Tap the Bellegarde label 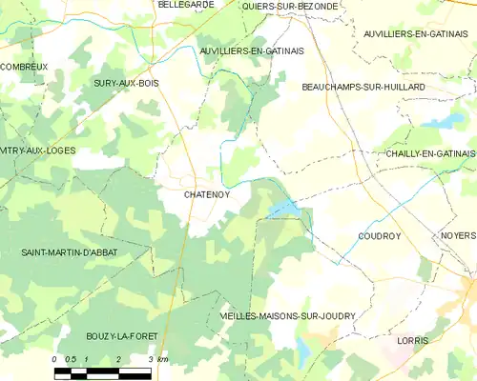[x=186, y=6]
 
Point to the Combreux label [x=24, y=67]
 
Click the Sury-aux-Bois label [x=126, y=84]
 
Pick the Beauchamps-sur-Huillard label [x=363, y=88]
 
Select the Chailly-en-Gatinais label [x=429, y=153]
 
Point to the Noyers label [x=458, y=235]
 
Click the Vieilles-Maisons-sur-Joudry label [x=274, y=315]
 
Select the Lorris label [x=413, y=340]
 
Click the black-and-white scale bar [x=102, y=372]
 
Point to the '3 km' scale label [x=157, y=359]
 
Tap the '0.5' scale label [x=71, y=359]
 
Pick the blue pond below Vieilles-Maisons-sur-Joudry [x=303, y=353]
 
